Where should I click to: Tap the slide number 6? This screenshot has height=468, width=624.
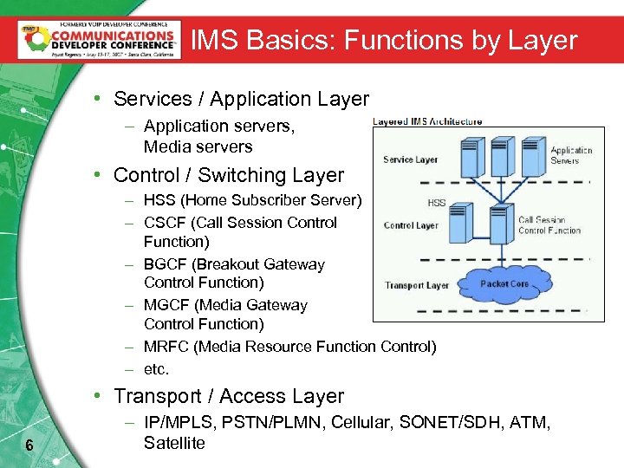click(x=29, y=445)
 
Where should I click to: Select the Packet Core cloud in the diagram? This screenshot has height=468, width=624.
click(x=505, y=283)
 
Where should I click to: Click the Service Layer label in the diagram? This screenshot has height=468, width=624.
click(x=410, y=159)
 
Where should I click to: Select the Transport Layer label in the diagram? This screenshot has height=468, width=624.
click(x=417, y=285)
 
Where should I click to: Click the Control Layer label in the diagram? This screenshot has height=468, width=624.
click(x=411, y=225)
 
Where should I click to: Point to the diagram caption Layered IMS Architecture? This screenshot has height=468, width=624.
click(x=427, y=121)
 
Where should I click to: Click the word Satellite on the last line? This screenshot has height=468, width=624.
click(x=174, y=443)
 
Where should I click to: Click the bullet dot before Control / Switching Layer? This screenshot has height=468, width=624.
click(x=101, y=175)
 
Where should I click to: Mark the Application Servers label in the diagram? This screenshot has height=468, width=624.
click(x=571, y=155)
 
